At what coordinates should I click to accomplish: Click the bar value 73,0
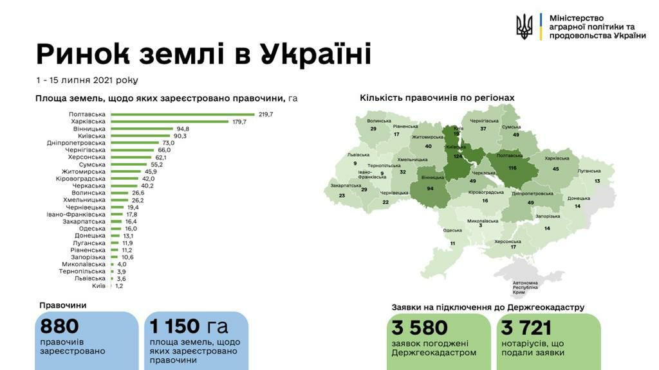click(x=167, y=143)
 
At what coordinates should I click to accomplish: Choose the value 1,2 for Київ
click(x=119, y=286)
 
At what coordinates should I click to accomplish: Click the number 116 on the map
click(x=512, y=168)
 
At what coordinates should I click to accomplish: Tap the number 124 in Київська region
click(x=458, y=156)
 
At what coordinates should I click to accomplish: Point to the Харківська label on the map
click(x=557, y=158)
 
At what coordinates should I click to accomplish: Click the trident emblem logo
click(x=524, y=27)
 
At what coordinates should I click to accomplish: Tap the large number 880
click(x=60, y=326)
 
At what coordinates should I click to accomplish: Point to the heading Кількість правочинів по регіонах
click(x=437, y=98)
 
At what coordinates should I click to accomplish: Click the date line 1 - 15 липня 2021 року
click(x=87, y=80)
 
